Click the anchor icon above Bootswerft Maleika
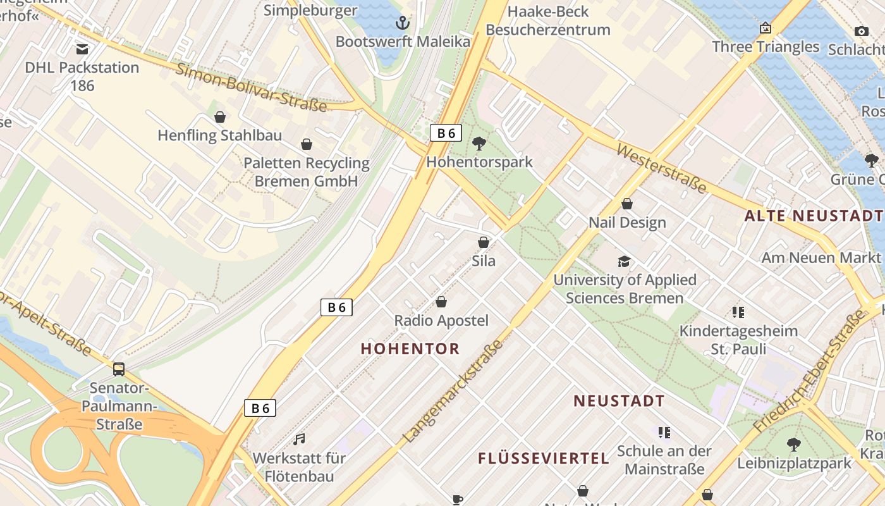pos(402,23)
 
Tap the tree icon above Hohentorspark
pos(479,143)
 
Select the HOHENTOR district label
pos(410,349)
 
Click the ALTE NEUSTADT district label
pos(813,216)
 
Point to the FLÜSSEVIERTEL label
pos(544,459)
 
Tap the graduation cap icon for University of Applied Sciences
pos(624,261)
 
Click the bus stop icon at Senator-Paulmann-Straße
pos(119,369)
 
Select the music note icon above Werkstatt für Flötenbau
pos(299,439)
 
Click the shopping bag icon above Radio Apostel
pos(441,302)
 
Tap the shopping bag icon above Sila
pos(484,242)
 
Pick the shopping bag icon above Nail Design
pos(627,204)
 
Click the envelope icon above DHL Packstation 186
pos(82,49)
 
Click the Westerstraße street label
pos(661,168)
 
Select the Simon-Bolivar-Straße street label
pos(252,88)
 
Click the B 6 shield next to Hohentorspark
pos(446,133)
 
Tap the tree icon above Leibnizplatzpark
pos(794,445)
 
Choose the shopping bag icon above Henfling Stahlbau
pos(220,117)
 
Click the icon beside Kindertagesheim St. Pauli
pos(738,312)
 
